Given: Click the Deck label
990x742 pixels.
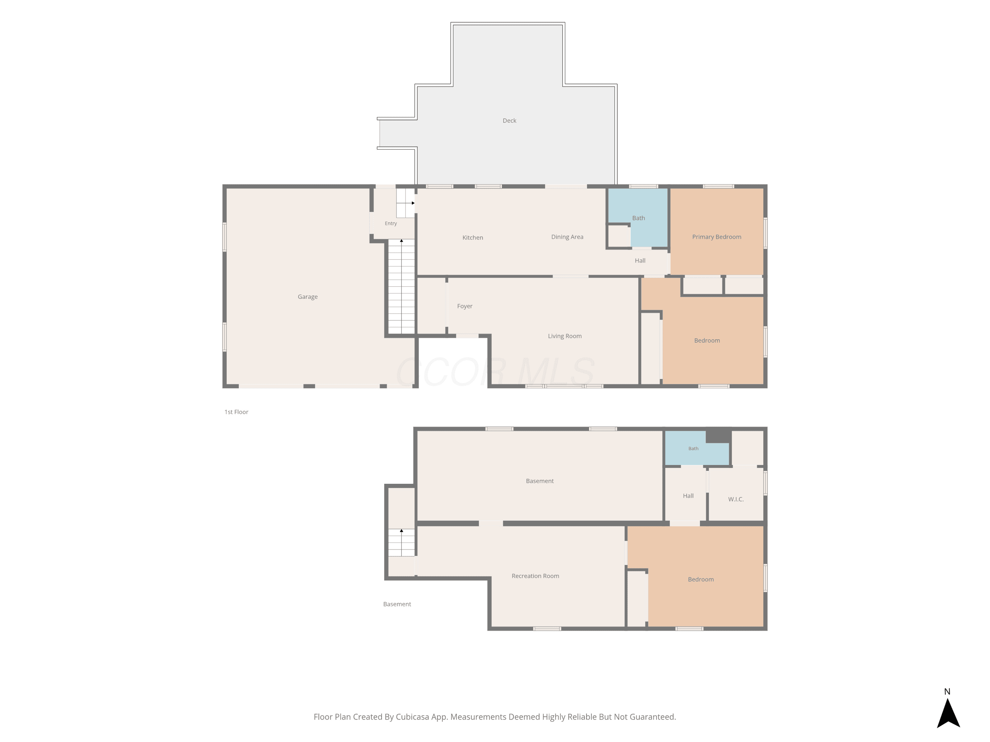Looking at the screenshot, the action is [509, 120].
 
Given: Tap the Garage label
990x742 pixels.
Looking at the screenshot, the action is [308, 296].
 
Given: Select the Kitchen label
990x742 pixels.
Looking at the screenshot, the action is [473, 237].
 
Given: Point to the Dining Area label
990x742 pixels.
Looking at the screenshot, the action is [567, 237].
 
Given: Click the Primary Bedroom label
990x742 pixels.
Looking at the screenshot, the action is [716, 237].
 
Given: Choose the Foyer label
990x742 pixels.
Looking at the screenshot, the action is [465, 306].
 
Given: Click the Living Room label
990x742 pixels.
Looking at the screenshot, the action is [565, 336].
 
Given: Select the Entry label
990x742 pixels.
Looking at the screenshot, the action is [391, 224].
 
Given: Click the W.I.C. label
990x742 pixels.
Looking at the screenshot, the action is [736, 499].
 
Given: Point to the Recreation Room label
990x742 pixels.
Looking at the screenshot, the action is [535, 576].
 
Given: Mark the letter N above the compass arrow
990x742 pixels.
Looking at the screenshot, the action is [947, 692].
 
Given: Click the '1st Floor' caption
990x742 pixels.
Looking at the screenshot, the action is [236, 412].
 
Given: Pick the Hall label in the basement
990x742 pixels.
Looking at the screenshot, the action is [688, 496].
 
